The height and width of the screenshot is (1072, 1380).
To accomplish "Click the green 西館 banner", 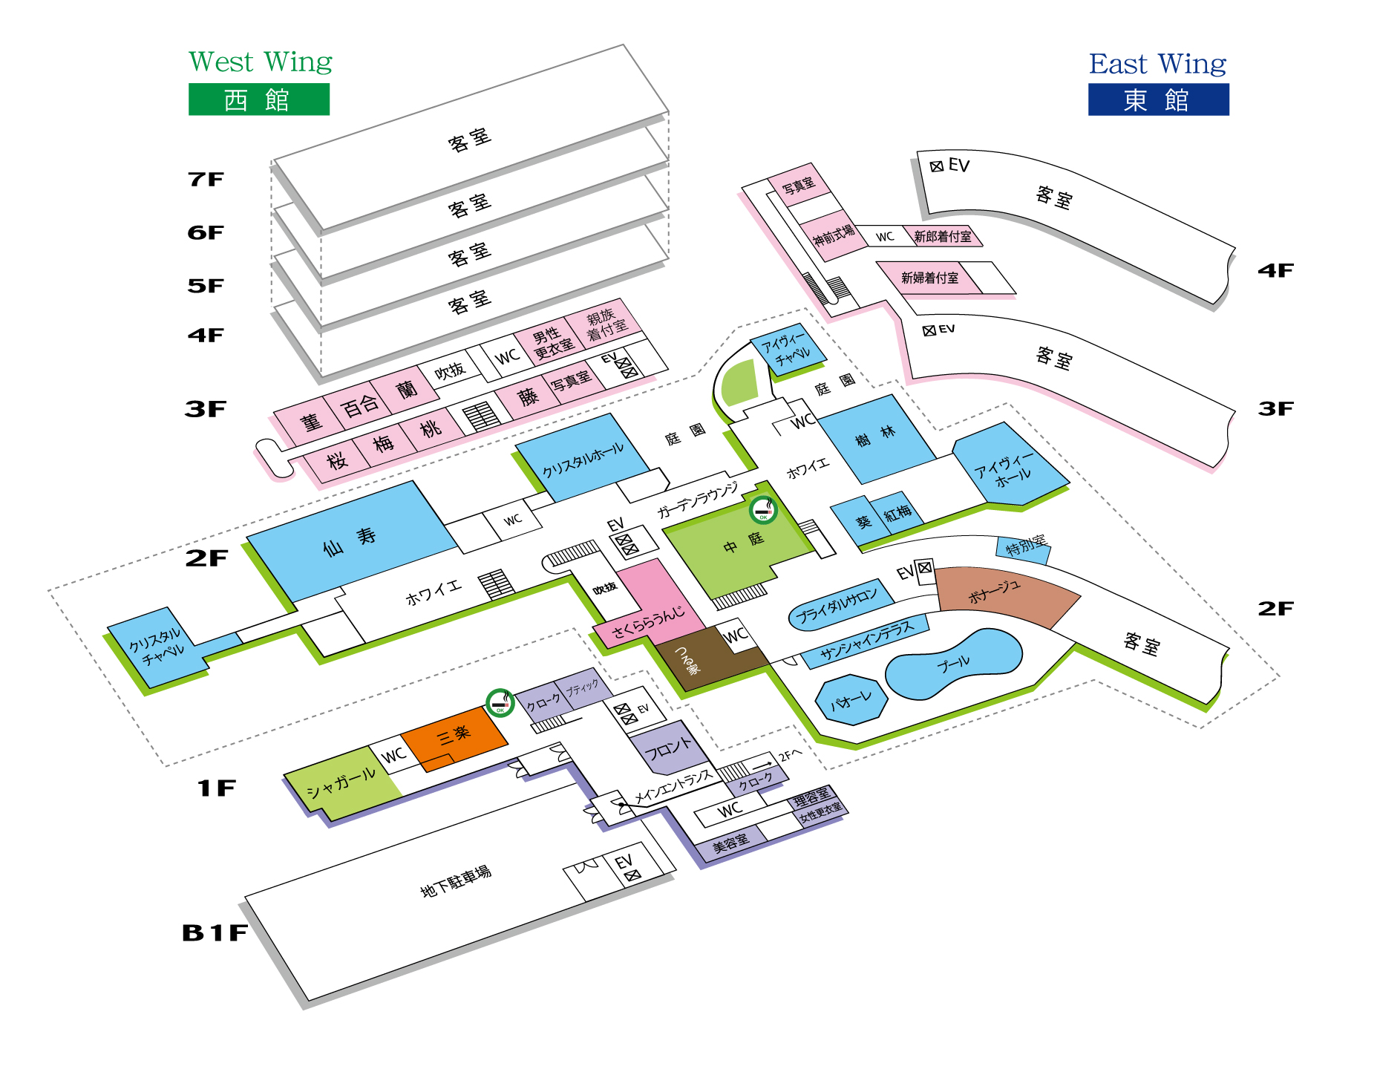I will coord(258,99).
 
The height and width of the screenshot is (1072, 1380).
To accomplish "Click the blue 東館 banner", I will coord(1158,99).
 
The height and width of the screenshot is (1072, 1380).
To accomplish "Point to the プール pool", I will coord(954,664).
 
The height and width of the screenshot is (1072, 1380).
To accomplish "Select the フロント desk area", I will coord(667,750).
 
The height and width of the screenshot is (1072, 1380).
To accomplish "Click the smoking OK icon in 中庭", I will coord(762,510).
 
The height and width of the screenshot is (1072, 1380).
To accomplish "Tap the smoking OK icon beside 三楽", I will coord(500,702).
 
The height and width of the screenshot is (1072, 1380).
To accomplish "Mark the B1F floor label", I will coord(215,932).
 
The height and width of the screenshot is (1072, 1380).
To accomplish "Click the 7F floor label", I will coord(206,179).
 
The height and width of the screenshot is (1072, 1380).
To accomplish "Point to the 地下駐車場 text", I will coord(455,880).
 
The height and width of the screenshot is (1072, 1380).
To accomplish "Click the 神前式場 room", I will coord(834,237).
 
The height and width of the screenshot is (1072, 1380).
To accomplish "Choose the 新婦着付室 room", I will coord(929,278).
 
